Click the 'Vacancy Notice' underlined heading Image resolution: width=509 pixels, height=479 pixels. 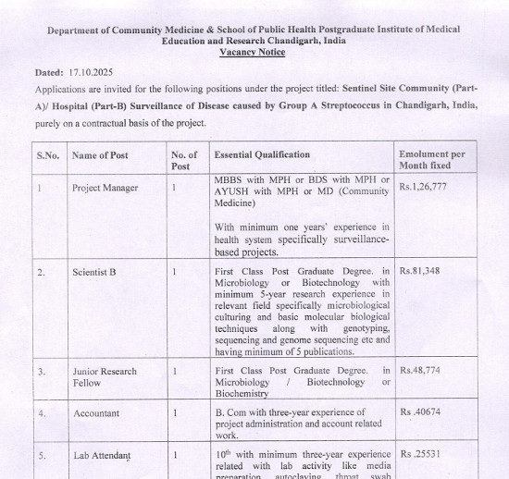[252, 53]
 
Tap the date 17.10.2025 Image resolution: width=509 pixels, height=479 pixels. [91, 72]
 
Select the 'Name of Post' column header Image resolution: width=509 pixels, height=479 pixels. [100, 154]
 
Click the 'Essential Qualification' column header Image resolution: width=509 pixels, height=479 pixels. [262, 154]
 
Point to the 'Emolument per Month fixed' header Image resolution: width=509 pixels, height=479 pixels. [432, 159]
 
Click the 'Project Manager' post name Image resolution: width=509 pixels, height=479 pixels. [105, 188]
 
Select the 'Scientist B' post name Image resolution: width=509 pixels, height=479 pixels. [94, 272]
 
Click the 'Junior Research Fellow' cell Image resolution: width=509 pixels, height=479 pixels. [104, 376]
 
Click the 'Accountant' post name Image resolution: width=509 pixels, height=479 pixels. [96, 413]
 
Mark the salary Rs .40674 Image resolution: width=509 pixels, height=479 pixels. [420, 412]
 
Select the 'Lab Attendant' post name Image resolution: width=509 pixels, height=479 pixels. [102, 456]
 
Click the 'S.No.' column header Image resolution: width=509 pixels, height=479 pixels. [47, 154]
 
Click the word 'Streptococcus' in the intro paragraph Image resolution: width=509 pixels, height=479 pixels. [356, 104]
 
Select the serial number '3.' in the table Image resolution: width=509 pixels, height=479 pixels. [42, 371]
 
